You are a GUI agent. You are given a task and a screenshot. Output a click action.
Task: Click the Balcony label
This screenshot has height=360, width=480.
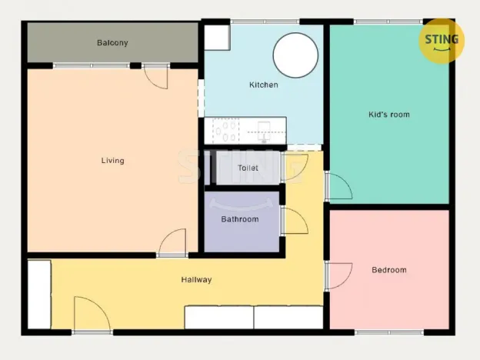[112, 43]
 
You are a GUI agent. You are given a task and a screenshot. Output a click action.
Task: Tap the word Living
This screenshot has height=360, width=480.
[112, 161]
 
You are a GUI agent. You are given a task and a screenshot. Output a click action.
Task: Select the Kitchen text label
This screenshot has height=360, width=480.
[263, 85]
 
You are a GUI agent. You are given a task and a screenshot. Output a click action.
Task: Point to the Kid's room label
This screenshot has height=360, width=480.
[388, 115]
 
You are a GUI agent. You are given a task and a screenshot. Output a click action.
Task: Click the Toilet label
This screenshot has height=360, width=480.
[248, 168]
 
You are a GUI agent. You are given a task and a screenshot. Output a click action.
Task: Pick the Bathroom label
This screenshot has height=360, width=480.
[240, 219]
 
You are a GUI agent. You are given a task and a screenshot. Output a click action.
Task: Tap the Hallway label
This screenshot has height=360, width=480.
[196, 280]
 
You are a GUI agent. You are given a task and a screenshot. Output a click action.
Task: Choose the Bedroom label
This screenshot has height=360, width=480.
[388, 270]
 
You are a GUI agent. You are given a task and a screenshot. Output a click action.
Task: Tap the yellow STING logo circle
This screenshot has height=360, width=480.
[442, 41]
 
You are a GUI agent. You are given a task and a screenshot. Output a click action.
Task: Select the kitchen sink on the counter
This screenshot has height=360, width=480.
[264, 131]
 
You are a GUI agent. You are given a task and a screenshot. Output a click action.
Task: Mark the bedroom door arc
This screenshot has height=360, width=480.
[338, 275]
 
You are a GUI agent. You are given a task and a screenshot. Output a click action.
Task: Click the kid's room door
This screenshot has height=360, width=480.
[338, 186]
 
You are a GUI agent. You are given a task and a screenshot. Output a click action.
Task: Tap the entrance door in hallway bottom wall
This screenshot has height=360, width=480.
[92, 315]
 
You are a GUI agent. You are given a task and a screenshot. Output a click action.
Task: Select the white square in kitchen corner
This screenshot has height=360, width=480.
[217, 37]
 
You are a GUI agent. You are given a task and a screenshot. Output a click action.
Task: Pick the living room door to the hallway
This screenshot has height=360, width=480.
[173, 242]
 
